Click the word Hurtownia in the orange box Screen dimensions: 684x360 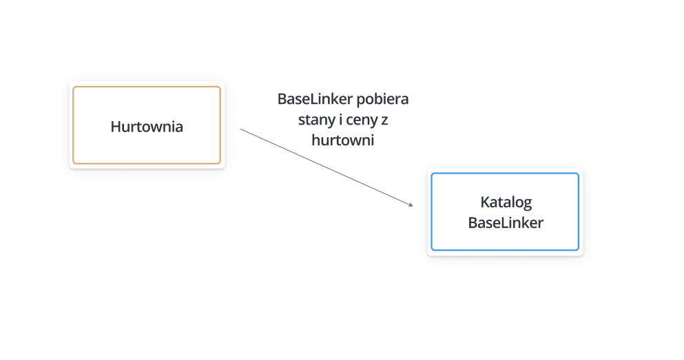point(147,127)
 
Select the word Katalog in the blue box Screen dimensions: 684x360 point(506,202)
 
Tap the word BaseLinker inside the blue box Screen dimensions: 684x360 point(506,223)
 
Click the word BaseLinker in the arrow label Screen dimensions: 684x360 point(315,99)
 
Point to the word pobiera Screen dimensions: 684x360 point(382,99)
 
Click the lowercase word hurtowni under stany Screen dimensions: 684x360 point(343,140)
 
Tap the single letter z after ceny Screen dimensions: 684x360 point(384,120)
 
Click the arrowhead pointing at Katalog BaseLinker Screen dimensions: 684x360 point(411,204)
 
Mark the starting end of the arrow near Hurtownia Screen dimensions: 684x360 point(241,129)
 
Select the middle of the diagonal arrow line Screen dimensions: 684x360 point(327,167)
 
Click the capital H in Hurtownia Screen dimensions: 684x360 point(115,127)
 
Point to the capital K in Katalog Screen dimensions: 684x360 point(485,202)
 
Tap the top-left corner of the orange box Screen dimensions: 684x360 point(73,87)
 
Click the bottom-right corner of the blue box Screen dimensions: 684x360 point(579,250)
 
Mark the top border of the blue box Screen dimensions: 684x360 point(505,173)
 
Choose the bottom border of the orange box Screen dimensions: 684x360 point(147,163)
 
